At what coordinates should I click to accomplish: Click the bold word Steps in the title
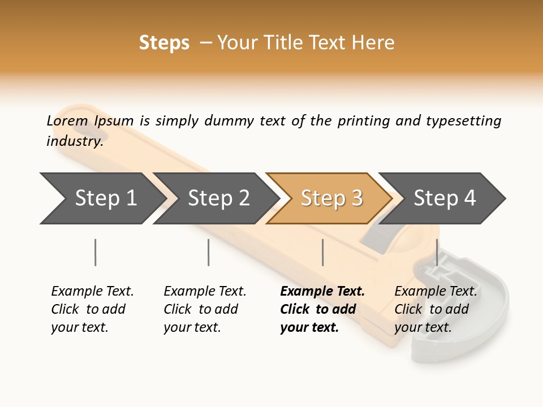point(164,43)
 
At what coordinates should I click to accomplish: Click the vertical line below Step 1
point(96,252)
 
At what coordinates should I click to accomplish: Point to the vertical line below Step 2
point(209,252)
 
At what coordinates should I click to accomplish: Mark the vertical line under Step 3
point(322,252)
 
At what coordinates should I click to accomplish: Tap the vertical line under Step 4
point(437,252)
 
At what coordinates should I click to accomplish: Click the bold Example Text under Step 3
point(322,291)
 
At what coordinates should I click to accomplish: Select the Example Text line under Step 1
point(92,291)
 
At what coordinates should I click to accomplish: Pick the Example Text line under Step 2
point(205,291)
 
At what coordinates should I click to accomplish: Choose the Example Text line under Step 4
point(436,291)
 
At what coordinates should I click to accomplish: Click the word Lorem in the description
point(67,120)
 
